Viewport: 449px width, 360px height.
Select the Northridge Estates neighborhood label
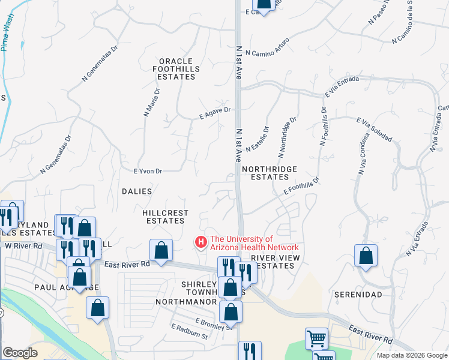(270, 173)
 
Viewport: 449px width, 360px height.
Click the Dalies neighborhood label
(137, 191)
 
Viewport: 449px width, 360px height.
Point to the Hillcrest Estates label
(166, 217)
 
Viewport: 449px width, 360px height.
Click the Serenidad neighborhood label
(358, 295)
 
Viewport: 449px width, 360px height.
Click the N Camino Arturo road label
(267, 47)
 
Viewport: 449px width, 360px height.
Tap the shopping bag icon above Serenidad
(366, 256)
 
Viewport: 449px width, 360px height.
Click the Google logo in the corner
(20, 353)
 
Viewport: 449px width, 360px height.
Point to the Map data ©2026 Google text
(411, 355)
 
